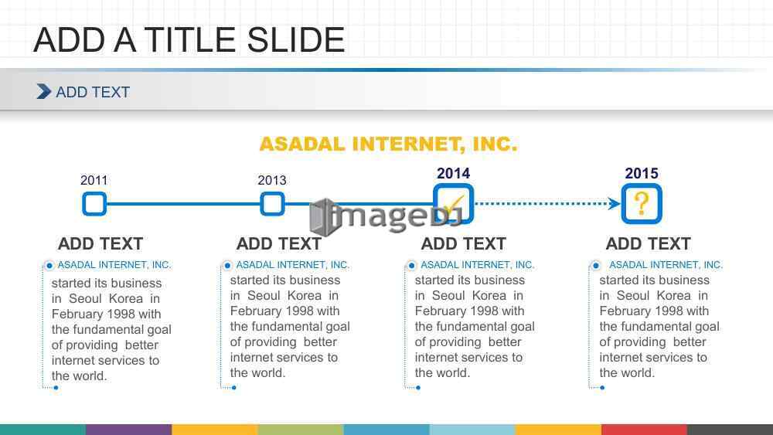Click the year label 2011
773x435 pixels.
[94, 180]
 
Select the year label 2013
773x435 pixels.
[271, 180]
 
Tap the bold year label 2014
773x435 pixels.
[453, 173]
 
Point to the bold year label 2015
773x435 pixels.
[642, 173]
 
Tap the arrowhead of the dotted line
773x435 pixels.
[615, 203]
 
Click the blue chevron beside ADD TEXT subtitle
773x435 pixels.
[44, 92]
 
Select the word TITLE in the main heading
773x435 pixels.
[190, 40]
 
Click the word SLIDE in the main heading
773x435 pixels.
[296, 40]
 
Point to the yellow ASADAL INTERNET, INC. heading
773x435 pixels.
[389, 144]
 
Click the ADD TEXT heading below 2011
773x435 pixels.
[100, 243]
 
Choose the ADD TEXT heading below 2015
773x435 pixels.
[649, 243]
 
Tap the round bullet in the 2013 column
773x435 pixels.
[227, 266]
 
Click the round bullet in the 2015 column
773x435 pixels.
[595, 266]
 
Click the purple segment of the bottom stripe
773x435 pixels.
[128, 430]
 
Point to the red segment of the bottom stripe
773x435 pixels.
[644, 430]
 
